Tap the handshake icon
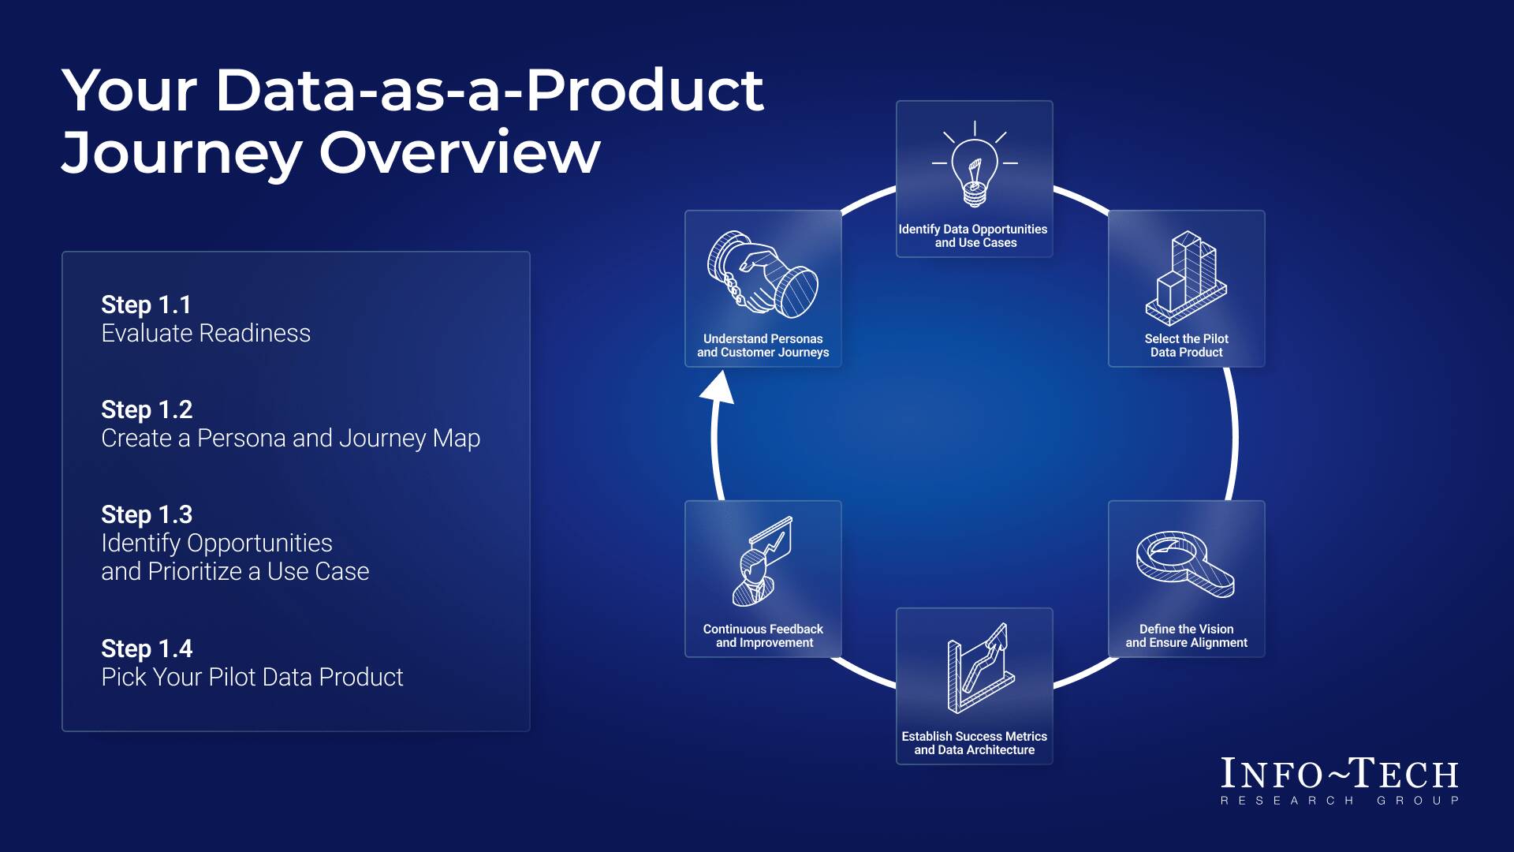pos(763,275)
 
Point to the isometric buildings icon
pos(1186,278)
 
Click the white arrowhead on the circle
pos(718,388)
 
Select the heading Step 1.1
pos(146,305)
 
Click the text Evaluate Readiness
pos(206,334)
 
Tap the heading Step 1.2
pos(147,409)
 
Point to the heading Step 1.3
pos(147,514)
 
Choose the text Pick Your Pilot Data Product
pos(252,677)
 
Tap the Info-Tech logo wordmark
pos(1339,775)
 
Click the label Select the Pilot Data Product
pos(1186,346)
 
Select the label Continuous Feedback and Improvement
pos(763,636)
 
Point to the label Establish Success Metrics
pos(974,736)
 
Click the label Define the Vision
pos(1186,629)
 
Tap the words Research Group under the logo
pos(1339,801)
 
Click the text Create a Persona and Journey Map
pos(290,439)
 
